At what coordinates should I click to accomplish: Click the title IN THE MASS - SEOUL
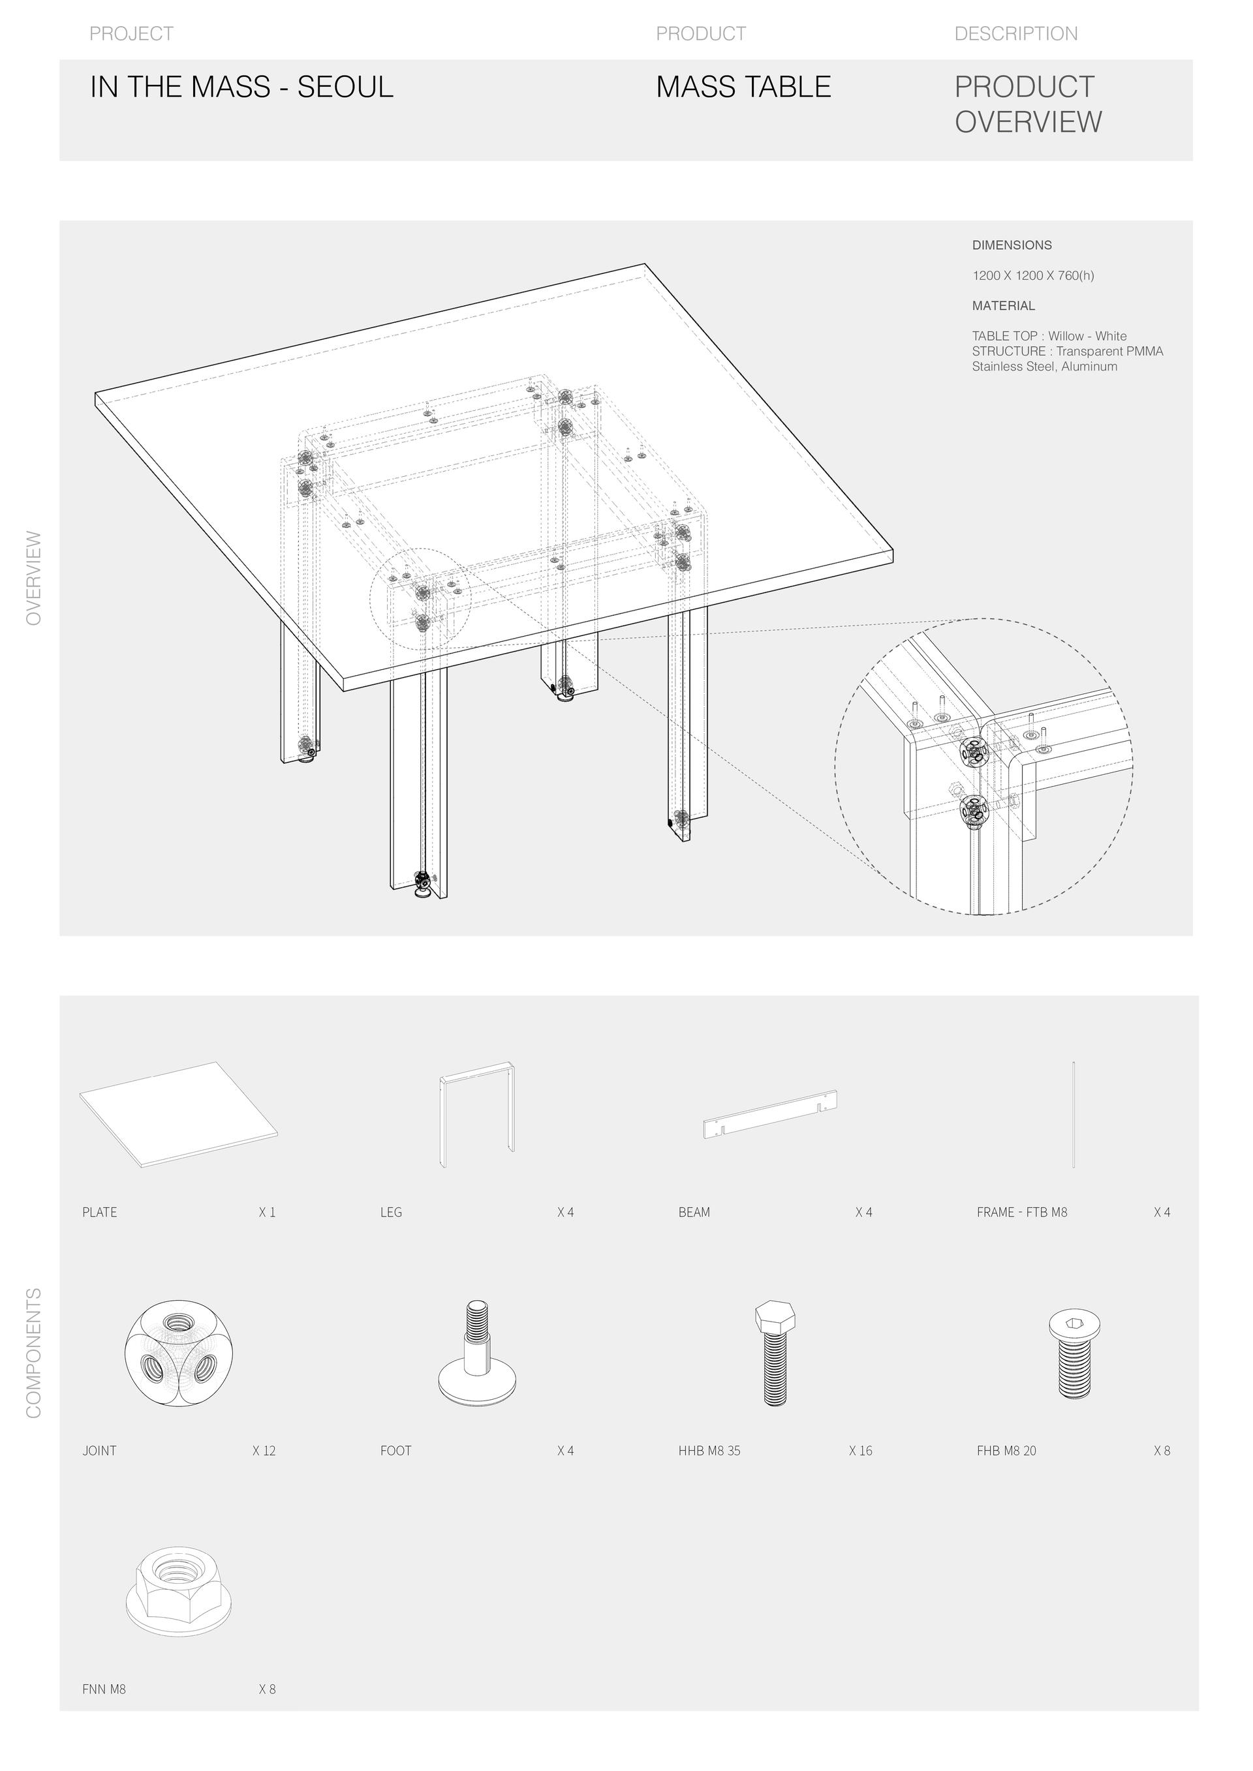point(241,87)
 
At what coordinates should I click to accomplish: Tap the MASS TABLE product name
point(743,87)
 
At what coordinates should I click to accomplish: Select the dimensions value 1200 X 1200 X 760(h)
point(1032,275)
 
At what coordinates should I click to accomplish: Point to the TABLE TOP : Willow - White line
point(1049,337)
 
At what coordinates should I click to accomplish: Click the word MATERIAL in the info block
point(1003,306)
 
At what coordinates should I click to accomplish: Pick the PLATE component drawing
point(178,1115)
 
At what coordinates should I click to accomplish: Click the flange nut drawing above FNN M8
point(178,1590)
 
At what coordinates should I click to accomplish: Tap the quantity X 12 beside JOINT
point(264,1451)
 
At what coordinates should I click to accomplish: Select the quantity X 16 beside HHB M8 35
point(860,1451)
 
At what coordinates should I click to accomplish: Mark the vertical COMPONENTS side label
point(34,1353)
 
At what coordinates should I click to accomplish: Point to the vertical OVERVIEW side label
point(34,578)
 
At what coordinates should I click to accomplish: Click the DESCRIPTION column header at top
point(1015,34)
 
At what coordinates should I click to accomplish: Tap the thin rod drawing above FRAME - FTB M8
point(1074,1114)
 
